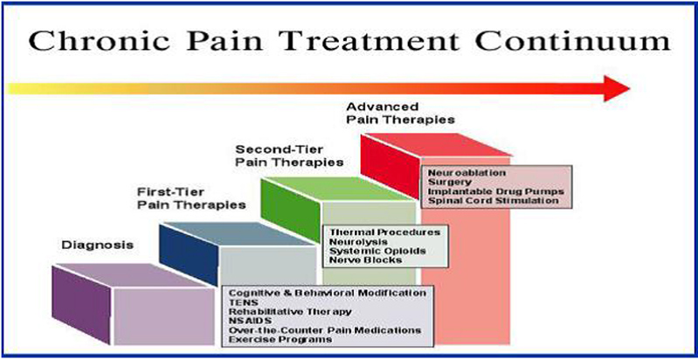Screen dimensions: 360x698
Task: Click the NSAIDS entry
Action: [246, 320]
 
